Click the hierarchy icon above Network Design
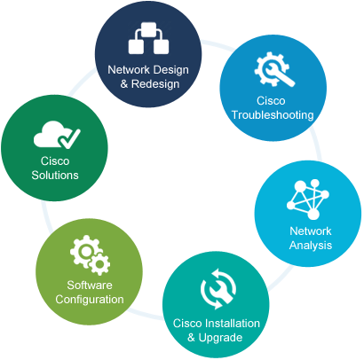(x=148, y=38)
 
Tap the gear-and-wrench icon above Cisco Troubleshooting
(x=274, y=69)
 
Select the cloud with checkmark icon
(x=57, y=135)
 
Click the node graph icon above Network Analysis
(x=308, y=200)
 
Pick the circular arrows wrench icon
(x=218, y=289)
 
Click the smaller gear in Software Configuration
(x=99, y=263)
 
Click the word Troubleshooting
(x=273, y=115)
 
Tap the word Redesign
(x=155, y=84)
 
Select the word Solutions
(x=55, y=176)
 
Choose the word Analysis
(x=311, y=246)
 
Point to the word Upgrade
(x=220, y=338)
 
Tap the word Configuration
(x=90, y=300)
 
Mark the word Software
(x=90, y=286)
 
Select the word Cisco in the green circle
(x=55, y=161)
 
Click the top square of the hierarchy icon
(x=149, y=28)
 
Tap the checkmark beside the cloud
(x=69, y=138)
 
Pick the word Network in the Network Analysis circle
(x=311, y=231)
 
